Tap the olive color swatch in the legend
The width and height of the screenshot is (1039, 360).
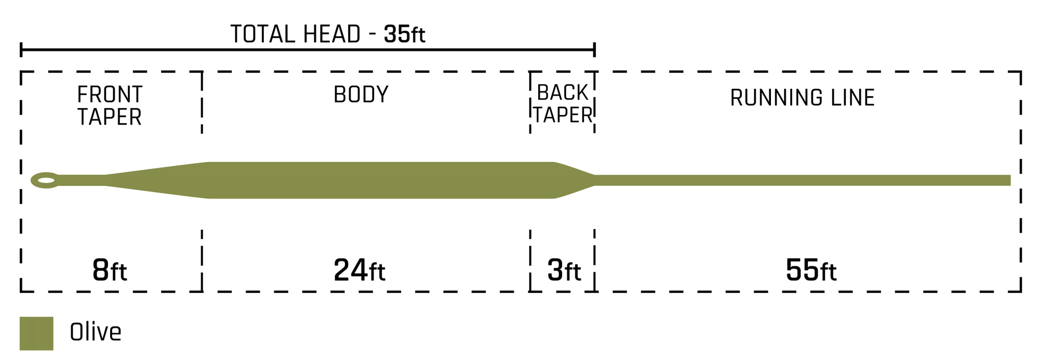[x=36, y=334]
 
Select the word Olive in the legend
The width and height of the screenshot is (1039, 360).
[x=96, y=332]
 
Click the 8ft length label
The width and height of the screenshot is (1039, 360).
[x=110, y=271]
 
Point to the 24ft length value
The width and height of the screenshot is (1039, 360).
[x=359, y=271]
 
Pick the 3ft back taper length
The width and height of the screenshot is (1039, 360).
[x=564, y=271]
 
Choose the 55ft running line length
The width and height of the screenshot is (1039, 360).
[x=811, y=271]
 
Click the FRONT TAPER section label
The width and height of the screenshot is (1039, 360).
[x=110, y=105]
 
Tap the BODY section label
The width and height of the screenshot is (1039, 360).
[x=361, y=95]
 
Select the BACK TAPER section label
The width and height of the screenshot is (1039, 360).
[x=563, y=103]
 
